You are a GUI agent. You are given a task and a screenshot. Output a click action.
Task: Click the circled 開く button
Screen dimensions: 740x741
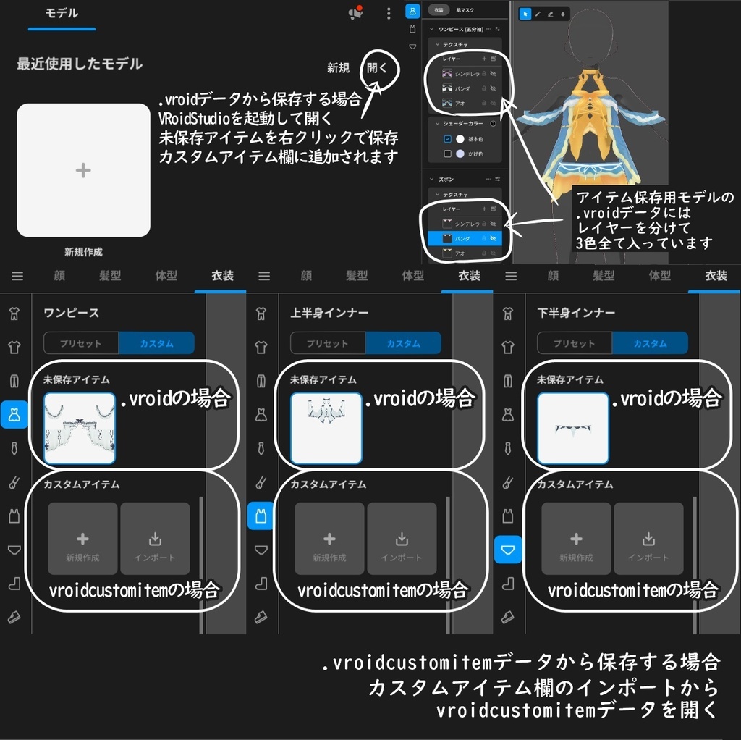click(377, 68)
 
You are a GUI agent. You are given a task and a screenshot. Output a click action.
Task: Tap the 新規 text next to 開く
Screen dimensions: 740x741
click(338, 68)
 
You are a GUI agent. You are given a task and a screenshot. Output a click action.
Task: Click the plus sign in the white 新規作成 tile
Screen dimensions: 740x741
click(83, 170)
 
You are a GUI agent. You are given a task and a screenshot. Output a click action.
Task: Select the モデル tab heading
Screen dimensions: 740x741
click(62, 14)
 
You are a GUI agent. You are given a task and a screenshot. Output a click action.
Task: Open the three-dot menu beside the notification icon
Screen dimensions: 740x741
click(389, 14)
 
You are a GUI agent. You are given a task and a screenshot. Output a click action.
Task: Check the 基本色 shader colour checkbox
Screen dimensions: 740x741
click(448, 139)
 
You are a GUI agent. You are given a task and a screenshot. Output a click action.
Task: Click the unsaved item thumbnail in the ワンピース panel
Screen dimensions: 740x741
click(80, 428)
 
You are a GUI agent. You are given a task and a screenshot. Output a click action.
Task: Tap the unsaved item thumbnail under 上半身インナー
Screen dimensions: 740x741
click(326, 428)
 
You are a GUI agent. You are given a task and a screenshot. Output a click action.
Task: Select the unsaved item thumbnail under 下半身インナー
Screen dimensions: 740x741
click(573, 428)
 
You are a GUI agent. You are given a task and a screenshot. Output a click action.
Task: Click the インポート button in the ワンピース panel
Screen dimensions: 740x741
click(155, 539)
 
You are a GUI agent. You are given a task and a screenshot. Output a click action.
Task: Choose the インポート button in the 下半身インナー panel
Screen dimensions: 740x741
click(648, 539)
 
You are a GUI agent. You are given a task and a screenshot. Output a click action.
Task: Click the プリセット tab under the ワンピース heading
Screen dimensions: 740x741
click(81, 343)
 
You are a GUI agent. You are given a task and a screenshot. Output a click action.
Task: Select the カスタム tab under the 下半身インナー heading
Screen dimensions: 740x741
click(649, 343)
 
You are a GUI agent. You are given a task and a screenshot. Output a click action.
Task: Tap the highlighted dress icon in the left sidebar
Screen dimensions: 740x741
click(14, 414)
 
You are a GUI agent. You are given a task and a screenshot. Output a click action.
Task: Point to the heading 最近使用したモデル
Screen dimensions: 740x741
click(80, 64)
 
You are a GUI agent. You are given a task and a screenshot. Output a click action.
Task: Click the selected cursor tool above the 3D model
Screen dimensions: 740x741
click(525, 14)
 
